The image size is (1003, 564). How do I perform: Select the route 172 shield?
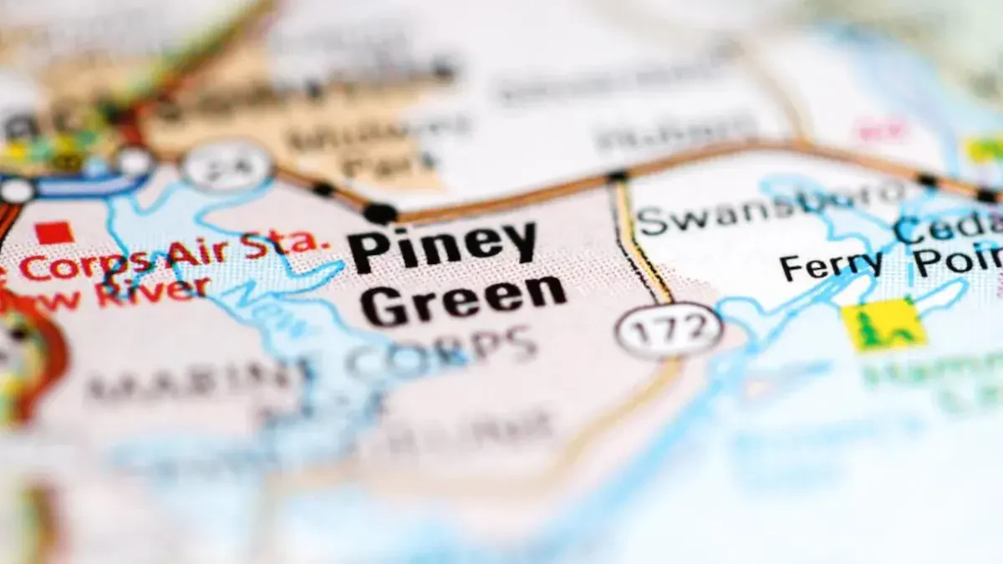669,330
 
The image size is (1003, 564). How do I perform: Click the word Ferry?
832,265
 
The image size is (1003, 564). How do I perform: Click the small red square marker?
54,232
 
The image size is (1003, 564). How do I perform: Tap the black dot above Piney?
380,212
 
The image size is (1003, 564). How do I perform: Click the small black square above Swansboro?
617,175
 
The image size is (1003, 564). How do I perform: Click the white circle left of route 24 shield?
134,161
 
